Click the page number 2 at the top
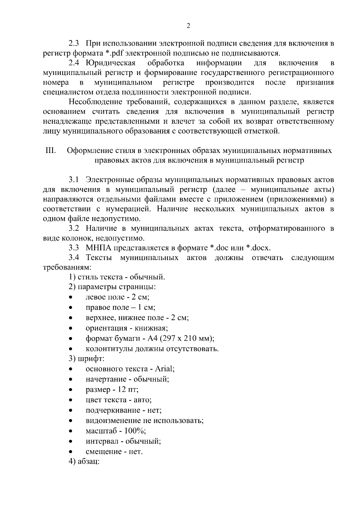[x=188, y=26]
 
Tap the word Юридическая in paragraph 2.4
[x=111, y=63]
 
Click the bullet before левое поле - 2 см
[x=70, y=298]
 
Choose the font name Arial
[x=164, y=369]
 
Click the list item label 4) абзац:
[x=84, y=462]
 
